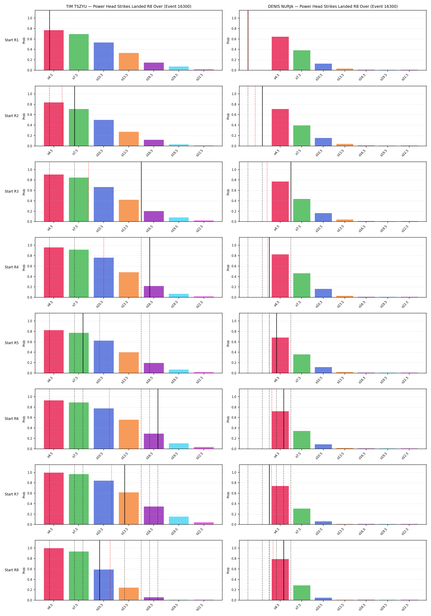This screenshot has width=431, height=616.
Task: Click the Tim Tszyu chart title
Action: [x=129, y=6]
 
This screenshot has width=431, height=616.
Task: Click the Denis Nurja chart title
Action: [x=333, y=6]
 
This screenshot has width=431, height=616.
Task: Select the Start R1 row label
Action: [x=12, y=40]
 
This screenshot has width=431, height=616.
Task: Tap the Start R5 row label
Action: [x=12, y=343]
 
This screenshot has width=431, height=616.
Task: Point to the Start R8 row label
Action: [x=12, y=570]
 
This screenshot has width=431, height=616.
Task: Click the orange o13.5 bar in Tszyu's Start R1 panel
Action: [x=129, y=61]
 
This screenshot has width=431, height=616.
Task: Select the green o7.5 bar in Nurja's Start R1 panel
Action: [x=302, y=60]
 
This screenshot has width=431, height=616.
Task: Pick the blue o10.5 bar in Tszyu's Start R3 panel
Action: [x=104, y=204]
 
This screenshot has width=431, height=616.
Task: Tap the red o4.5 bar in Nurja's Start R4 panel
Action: [x=280, y=276]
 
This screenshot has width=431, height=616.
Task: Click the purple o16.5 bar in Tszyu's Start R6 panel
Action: [x=154, y=441]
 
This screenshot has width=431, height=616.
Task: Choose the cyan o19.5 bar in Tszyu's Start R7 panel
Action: [x=179, y=521]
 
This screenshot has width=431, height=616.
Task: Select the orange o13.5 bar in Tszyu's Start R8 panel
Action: [x=129, y=594]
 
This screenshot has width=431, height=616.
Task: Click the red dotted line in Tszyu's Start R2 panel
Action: [x=62, y=116]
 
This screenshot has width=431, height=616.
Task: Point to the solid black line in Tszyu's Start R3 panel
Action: [x=141, y=192]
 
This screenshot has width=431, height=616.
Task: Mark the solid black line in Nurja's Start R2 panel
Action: [x=262, y=116]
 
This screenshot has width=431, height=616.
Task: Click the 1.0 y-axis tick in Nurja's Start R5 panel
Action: [x=234, y=321]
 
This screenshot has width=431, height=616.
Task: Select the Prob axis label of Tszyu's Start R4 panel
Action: [x=24, y=268]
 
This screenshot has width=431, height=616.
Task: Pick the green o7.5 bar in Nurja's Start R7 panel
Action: [x=302, y=516]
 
